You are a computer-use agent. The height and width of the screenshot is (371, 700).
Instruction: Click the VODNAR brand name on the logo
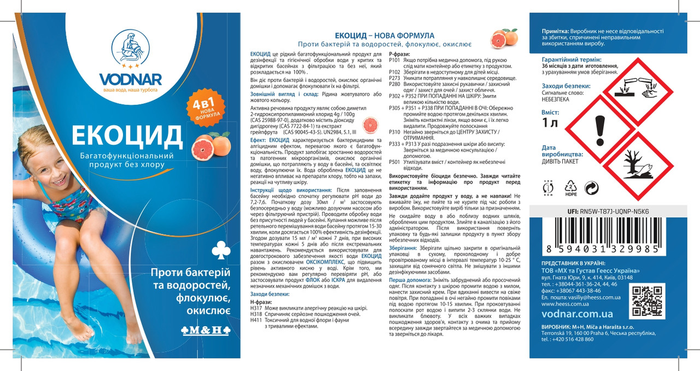coord(130,79)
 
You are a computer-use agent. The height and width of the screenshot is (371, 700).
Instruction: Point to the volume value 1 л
coord(550,123)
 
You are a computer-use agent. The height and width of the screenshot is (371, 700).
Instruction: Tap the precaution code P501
coord(394,162)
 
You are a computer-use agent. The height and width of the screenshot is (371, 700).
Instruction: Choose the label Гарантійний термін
coord(571,59)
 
